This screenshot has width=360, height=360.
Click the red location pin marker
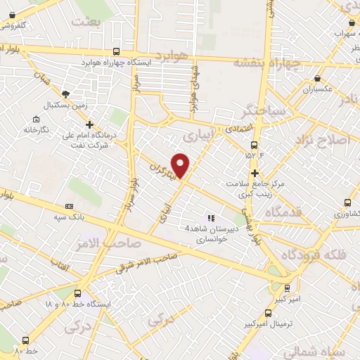[x=181, y=165]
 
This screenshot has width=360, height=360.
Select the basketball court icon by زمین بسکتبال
[x=66, y=94]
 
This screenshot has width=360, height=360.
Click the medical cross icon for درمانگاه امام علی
[x=89, y=124]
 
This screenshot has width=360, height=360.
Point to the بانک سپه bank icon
[x=69, y=206]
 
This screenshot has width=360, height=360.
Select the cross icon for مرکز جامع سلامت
[x=255, y=172]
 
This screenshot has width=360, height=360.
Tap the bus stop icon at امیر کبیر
[x=287, y=288]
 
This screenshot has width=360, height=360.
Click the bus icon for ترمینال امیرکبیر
[x=267, y=313]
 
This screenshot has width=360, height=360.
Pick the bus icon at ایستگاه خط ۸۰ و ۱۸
[x=77, y=294]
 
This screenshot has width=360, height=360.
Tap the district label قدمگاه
[x=300, y=212]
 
